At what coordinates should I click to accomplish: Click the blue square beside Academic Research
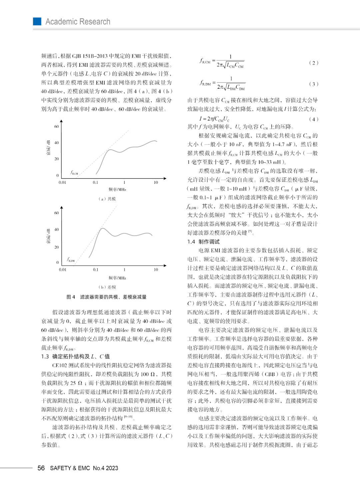click(37, 21)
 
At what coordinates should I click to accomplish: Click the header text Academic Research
click(78, 22)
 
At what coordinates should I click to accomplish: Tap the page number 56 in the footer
click(41, 468)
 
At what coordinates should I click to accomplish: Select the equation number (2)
click(313, 63)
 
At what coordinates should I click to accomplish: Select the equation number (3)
click(313, 84)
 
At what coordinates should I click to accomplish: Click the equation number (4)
click(313, 119)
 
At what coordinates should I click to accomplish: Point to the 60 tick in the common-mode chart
click(56, 126)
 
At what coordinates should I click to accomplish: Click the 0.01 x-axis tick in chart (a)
click(62, 182)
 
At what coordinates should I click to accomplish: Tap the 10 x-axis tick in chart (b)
click(156, 270)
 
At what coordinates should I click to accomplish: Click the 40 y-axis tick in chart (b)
click(56, 229)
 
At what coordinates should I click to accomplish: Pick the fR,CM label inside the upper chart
click(74, 172)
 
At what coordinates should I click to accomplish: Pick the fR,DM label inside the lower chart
click(71, 260)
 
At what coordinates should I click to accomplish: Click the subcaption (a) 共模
click(107, 199)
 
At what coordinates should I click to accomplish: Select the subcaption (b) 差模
click(107, 287)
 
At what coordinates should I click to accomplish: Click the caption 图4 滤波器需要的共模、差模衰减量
click(107, 297)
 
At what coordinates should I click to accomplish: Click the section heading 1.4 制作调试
click(203, 241)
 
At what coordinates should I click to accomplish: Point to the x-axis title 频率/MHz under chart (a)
click(117, 189)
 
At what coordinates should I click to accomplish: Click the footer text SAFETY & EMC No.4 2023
click(84, 468)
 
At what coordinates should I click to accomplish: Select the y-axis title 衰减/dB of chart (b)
click(49, 236)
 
